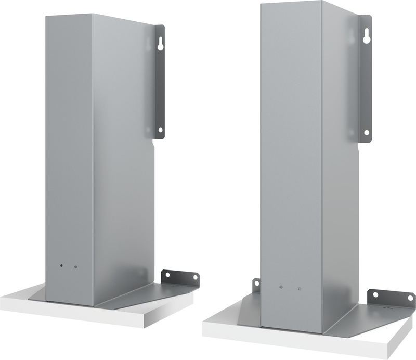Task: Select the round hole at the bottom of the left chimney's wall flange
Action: [x=160, y=130]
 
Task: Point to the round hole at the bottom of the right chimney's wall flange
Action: [x=367, y=133]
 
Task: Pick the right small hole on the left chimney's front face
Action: [x=75, y=267]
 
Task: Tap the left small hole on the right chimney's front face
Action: [x=280, y=287]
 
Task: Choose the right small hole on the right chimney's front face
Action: [x=299, y=288]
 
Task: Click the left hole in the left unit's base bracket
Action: [x=167, y=275]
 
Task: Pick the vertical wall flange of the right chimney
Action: [x=367, y=83]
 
